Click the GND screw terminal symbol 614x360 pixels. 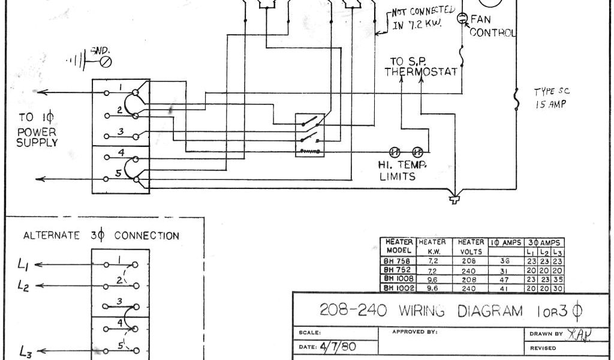(107, 61)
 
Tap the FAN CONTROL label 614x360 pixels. (492, 26)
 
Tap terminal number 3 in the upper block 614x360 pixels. (121, 131)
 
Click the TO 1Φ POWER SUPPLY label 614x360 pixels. (37, 128)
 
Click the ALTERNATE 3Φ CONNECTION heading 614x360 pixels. (101, 236)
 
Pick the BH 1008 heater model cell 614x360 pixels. (397, 279)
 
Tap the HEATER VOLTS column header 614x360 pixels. (471, 247)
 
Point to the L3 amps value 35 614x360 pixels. (558, 279)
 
